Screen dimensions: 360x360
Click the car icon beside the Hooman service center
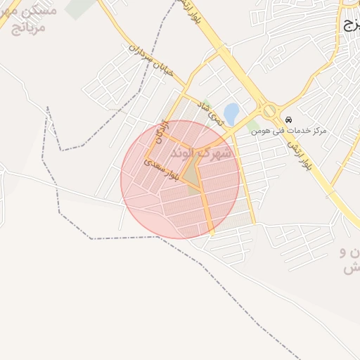point(289,117)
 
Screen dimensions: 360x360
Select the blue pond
point(231,112)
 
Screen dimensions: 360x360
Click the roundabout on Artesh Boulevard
point(269,110)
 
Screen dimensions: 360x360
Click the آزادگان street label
point(162,131)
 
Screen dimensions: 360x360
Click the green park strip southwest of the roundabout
point(251,127)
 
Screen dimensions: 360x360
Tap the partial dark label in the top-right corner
point(352,25)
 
